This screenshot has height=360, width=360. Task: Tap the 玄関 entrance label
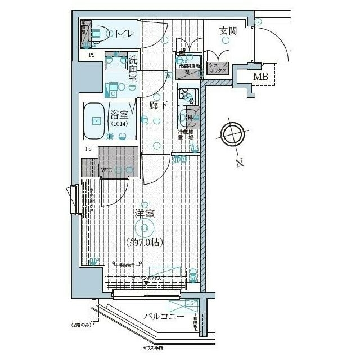(227, 31)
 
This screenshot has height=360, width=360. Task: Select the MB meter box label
(260, 76)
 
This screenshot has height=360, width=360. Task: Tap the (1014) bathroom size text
(119, 124)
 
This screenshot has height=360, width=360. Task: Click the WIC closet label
(107, 170)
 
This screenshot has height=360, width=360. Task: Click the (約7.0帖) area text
(145, 243)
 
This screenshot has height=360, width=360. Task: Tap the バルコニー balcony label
(164, 317)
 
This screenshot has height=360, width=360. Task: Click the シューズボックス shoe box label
(218, 69)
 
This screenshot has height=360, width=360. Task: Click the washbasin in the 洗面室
(118, 64)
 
